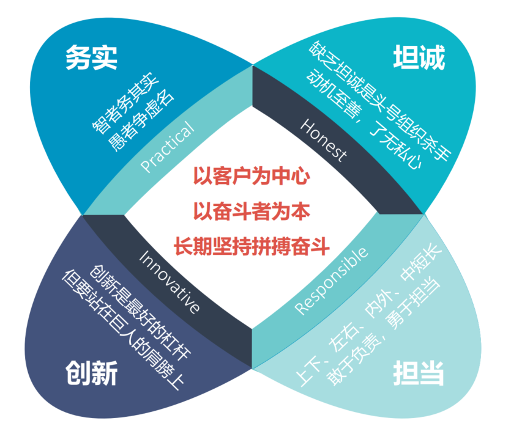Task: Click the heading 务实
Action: click(91, 59)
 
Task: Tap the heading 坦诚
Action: click(419, 59)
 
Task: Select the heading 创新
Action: click(91, 372)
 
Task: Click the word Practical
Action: click(167, 147)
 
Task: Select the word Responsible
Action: click(332, 281)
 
